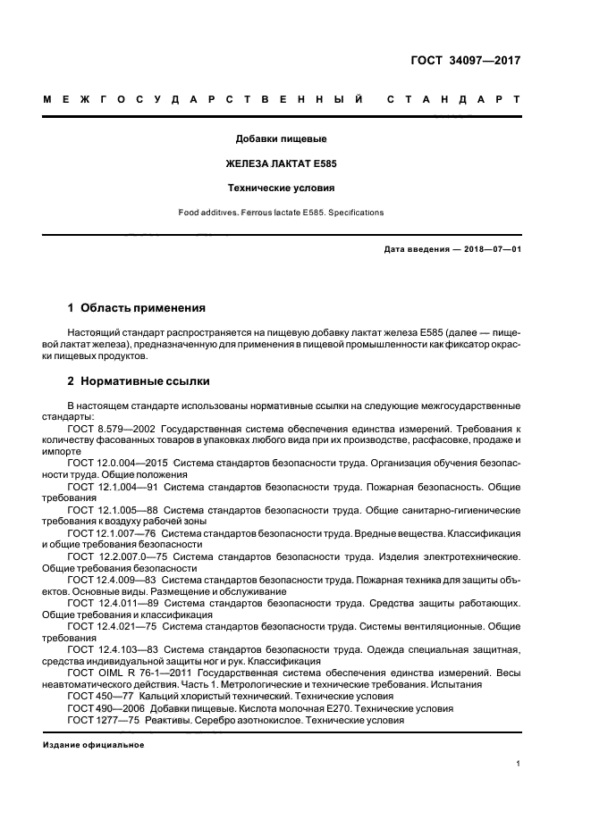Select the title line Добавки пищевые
pos(281,140)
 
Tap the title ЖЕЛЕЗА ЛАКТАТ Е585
pos(281,164)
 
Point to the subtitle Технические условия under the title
pos(281,188)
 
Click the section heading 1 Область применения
pos(136,307)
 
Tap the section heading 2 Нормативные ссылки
pos(139,381)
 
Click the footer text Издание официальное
pos(94,744)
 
